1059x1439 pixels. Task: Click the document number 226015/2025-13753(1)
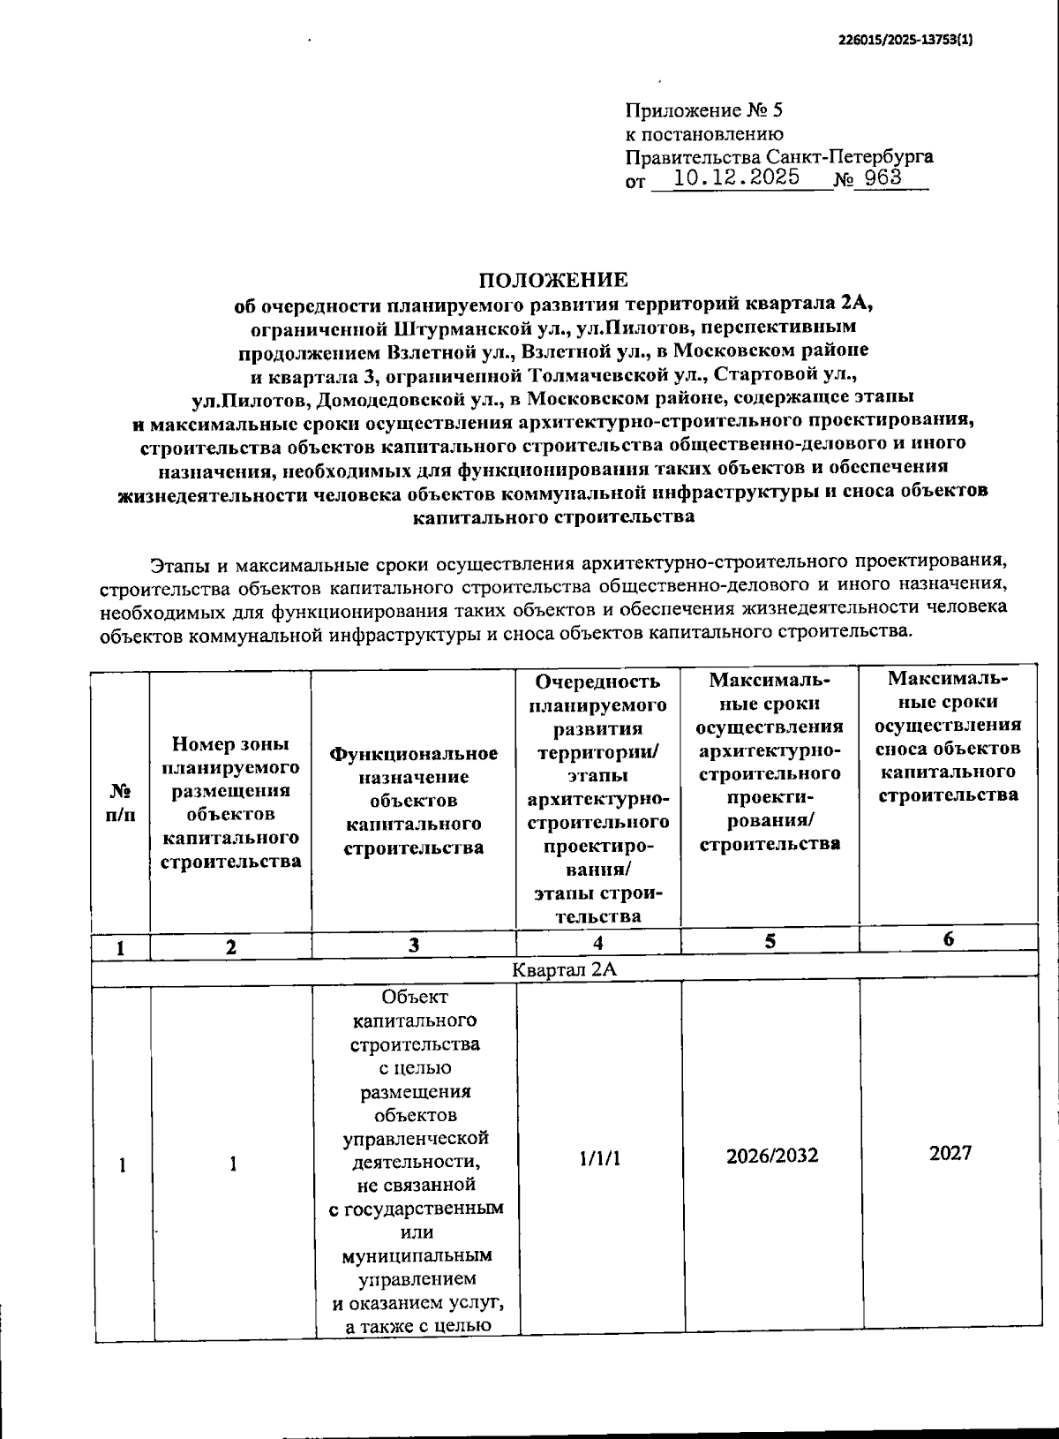(905, 40)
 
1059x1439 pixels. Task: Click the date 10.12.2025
(736, 177)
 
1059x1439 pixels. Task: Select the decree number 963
(883, 177)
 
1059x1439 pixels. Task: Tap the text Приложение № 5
(703, 110)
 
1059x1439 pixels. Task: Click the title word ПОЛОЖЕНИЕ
(553, 281)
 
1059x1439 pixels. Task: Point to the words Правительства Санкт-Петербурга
(779, 157)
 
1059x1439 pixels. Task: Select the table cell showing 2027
(950, 1153)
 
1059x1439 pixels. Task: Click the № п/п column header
(121, 801)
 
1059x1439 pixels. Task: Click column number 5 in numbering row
(770, 941)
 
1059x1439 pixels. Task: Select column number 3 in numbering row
(413, 946)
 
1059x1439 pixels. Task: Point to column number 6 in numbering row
(949, 939)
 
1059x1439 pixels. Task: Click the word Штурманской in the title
(459, 328)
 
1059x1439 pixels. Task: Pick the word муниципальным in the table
(416, 1254)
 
